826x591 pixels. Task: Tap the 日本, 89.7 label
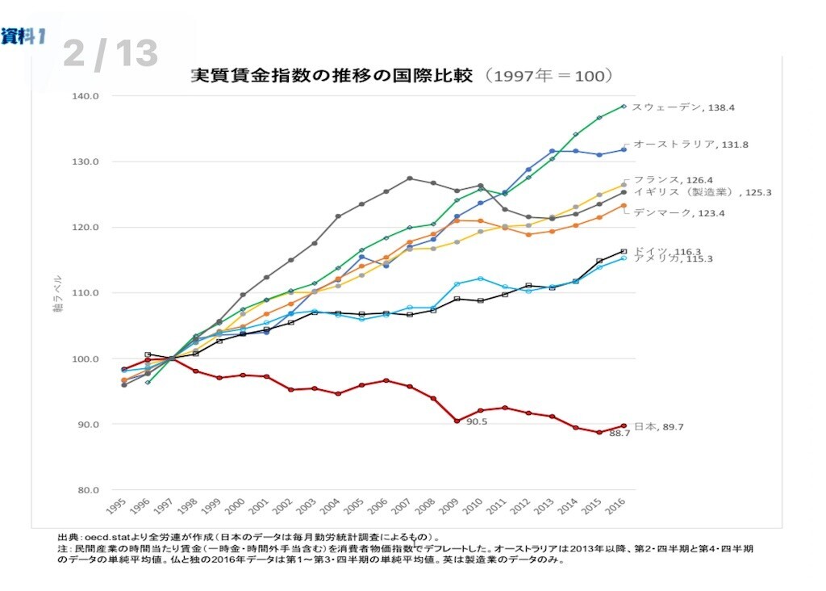tap(660, 426)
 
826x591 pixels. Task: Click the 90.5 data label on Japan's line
tap(478, 421)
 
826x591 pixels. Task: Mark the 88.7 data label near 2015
tap(619, 434)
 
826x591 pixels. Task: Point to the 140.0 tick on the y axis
tap(86, 96)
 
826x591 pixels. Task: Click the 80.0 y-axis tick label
tap(87, 490)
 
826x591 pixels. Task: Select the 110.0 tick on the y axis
tap(86, 293)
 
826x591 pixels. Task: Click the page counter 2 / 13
tap(110, 53)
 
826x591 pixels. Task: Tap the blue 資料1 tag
tap(22, 36)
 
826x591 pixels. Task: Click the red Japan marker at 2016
tap(622, 426)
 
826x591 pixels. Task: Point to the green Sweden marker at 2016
tap(623, 106)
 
